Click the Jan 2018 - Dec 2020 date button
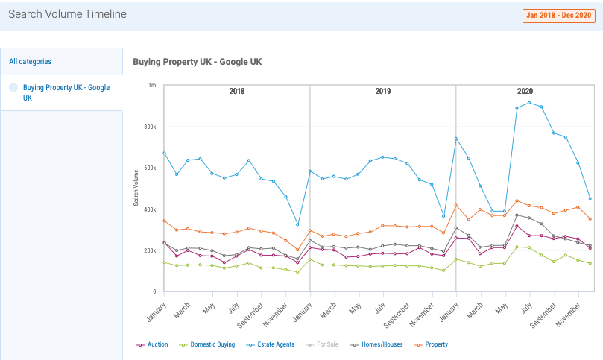pyautogui.click(x=559, y=16)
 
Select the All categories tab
pyautogui.click(x=30, y=62)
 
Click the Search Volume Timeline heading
pyautogui.click(x=67, y=14)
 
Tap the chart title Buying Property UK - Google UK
pyautogui.click(x=198, y=62)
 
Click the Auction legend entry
pyautogui.click(x=152, y=344)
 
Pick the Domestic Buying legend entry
pyautogui.click(x=207, y=344)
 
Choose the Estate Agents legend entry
pyautogui.click(x=271, y=344)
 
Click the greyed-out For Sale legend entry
pyautogui.click(x=322, y=344)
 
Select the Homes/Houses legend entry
pyautogui.click(x=376, y=344)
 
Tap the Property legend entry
pyautogui.click(x=431, y=344)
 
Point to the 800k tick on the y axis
pyautogui.click(x=150, y=127)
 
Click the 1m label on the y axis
pyautogui.click(x=152, y=85)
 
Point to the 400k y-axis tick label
pyautogui.click(x=150, y=209)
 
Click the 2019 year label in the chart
pyautogui.click(x=382, y=91)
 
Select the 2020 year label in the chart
pyautogui.click(x=525, y=91)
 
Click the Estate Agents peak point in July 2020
pyautogui.click(x=529, y=103)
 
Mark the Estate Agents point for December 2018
pyautogui.click(x=297, y=224)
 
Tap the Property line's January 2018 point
pyautogui.click(x=164, y=221)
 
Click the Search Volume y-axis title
pyautogui.click(x=136, y=188)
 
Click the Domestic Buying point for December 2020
pyautogui.click(x=590, y=263)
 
